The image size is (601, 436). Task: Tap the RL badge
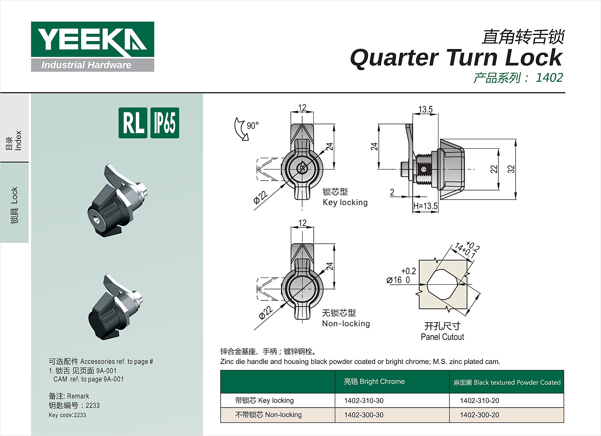133,123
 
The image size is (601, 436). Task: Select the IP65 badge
165,123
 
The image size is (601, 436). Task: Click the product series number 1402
549,77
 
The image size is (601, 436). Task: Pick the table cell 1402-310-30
364,400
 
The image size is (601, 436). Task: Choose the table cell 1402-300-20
479,415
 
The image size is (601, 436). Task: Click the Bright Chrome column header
374,381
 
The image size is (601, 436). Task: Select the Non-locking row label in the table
268,415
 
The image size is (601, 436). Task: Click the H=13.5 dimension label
425,206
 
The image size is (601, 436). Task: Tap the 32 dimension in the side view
511,169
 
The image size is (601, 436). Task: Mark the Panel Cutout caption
442,337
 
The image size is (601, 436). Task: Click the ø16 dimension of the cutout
398,280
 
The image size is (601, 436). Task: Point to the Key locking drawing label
345,202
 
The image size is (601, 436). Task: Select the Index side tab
14,140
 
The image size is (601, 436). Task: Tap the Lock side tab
14,205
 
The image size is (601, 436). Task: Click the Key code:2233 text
67,415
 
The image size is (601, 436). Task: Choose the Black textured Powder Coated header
507,382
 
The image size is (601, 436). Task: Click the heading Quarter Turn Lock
456,57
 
